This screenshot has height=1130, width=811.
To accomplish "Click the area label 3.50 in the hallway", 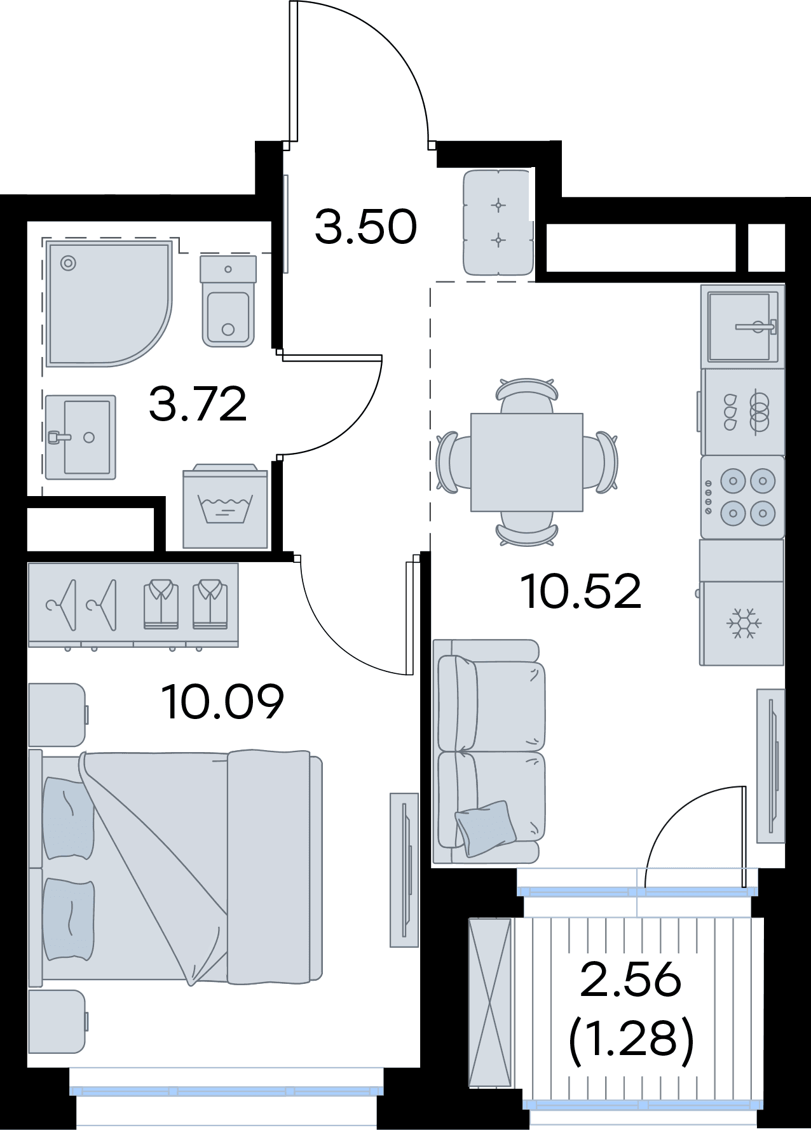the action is pos(365,227).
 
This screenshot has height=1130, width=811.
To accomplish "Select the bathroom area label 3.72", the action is pos(198,404).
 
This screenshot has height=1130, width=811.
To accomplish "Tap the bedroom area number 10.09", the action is pos(222,701).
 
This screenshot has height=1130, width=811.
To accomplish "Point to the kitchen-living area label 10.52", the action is pos(581,591).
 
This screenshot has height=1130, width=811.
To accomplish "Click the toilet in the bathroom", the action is pos(228,300).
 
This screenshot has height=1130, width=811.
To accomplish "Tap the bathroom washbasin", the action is pos(81,437).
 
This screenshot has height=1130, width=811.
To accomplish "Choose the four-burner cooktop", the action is pos(742,497).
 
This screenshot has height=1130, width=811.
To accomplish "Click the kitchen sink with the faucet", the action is pos(742,326).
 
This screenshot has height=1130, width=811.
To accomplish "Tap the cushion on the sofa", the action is pos(486,827).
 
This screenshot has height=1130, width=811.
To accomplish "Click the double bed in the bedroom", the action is pos(176,868).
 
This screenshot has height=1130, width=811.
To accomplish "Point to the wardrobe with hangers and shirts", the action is pos(133,605).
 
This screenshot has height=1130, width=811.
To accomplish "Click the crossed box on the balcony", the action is pos(489,1003).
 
